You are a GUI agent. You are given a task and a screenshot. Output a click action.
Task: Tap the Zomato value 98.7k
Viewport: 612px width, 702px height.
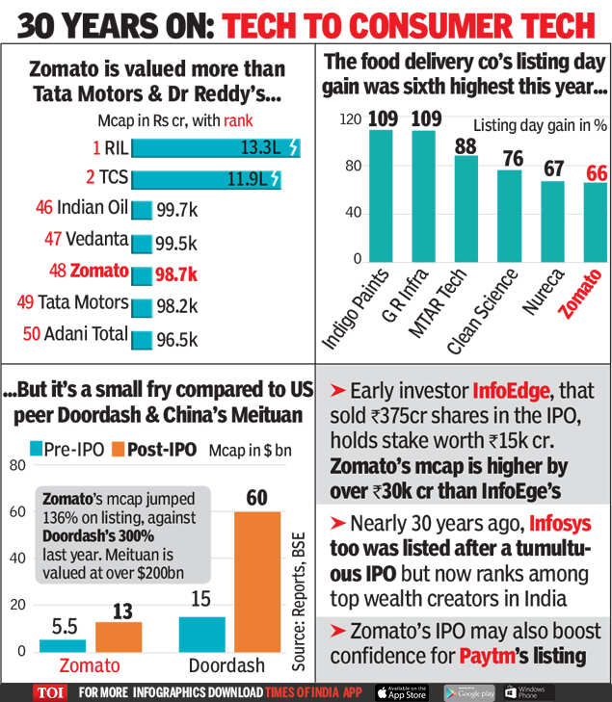click(175, 274)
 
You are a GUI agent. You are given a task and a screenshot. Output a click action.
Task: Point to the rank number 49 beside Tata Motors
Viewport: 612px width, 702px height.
click(25, 303)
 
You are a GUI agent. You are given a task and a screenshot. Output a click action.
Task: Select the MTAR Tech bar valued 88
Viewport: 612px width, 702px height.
click(466, 207)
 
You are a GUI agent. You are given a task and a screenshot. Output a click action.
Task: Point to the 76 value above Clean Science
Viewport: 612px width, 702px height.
click(512, 158)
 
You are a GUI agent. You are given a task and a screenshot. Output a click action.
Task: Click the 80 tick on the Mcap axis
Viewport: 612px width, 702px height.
click(16, 466)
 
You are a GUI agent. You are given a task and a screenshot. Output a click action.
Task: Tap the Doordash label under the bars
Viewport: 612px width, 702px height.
click(228, 666)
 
